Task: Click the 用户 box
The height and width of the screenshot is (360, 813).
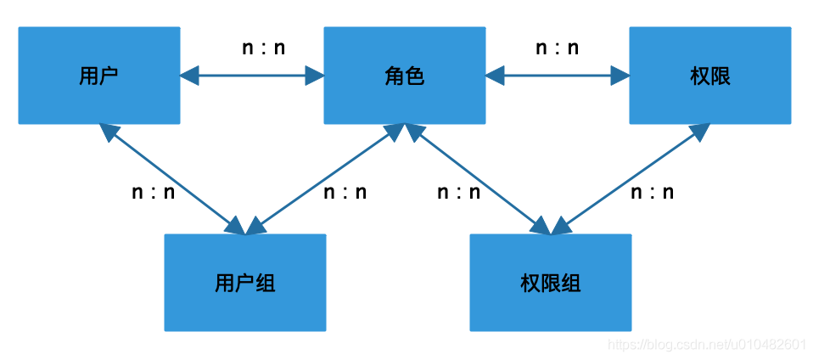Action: (99, 76)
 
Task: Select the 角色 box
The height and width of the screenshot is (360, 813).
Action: (405, 76)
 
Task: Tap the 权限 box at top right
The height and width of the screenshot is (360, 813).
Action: (710, 76)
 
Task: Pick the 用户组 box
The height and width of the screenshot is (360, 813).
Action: (245, 283)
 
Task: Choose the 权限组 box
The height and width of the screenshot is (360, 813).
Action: (551, 283)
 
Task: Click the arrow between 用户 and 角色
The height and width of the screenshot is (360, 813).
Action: (252, 76)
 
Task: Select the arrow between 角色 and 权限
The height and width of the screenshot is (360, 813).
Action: (558, 76)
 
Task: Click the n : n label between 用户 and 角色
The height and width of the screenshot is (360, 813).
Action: (264, 48)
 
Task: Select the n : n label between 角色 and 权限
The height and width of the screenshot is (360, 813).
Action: (558, 48)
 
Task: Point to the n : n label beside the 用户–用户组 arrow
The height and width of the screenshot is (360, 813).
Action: (154, 192)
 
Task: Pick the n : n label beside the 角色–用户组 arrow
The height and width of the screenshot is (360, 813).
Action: (345, 192)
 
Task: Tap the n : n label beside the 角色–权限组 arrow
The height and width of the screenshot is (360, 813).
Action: (459, 192)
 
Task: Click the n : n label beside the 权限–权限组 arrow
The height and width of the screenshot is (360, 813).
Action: (653, 192)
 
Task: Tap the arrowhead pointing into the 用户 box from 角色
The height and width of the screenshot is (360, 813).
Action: (188, 76)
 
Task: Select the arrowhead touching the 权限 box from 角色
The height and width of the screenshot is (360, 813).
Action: (620, 76)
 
